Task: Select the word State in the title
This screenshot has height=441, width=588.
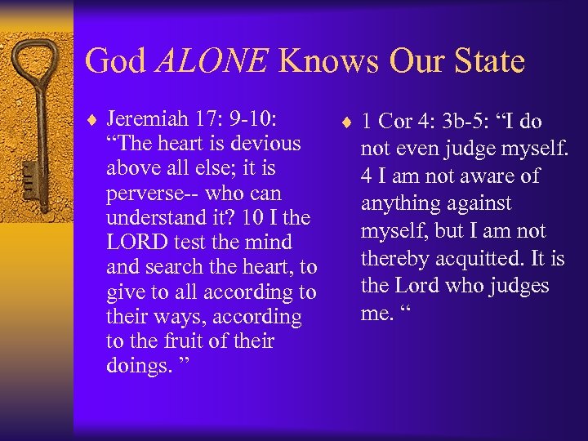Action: click(483, 61)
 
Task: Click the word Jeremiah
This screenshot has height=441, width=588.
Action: click(150, 119)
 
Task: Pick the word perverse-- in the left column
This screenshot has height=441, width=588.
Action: click(149, 194)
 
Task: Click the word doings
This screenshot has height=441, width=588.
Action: click(138, 365)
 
